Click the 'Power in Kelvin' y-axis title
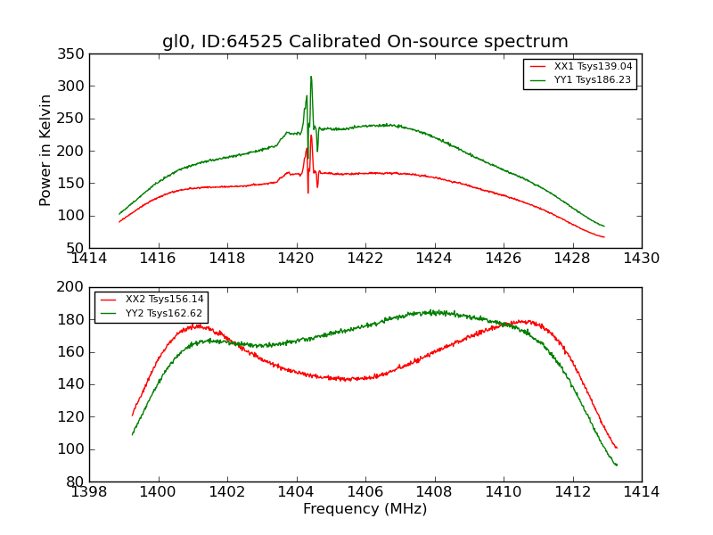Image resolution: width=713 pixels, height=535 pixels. pos(45,151)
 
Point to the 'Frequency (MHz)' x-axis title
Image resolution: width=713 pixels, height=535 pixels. pos(365,509)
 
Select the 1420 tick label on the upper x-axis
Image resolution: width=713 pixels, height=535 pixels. pos(296,259)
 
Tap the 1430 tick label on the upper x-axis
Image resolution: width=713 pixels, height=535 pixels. pos(641,259)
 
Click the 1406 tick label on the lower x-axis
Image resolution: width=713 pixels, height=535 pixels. pos(365,492)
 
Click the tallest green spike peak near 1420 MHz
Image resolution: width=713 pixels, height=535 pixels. pos(311,77)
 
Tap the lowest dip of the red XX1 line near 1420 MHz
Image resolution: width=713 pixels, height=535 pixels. pos(308,193)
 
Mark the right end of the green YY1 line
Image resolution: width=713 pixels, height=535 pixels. pos(604,226)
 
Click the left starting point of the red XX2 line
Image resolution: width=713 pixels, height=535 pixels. pos(132,416)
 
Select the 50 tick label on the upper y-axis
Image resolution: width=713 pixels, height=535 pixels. pos(78,248)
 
